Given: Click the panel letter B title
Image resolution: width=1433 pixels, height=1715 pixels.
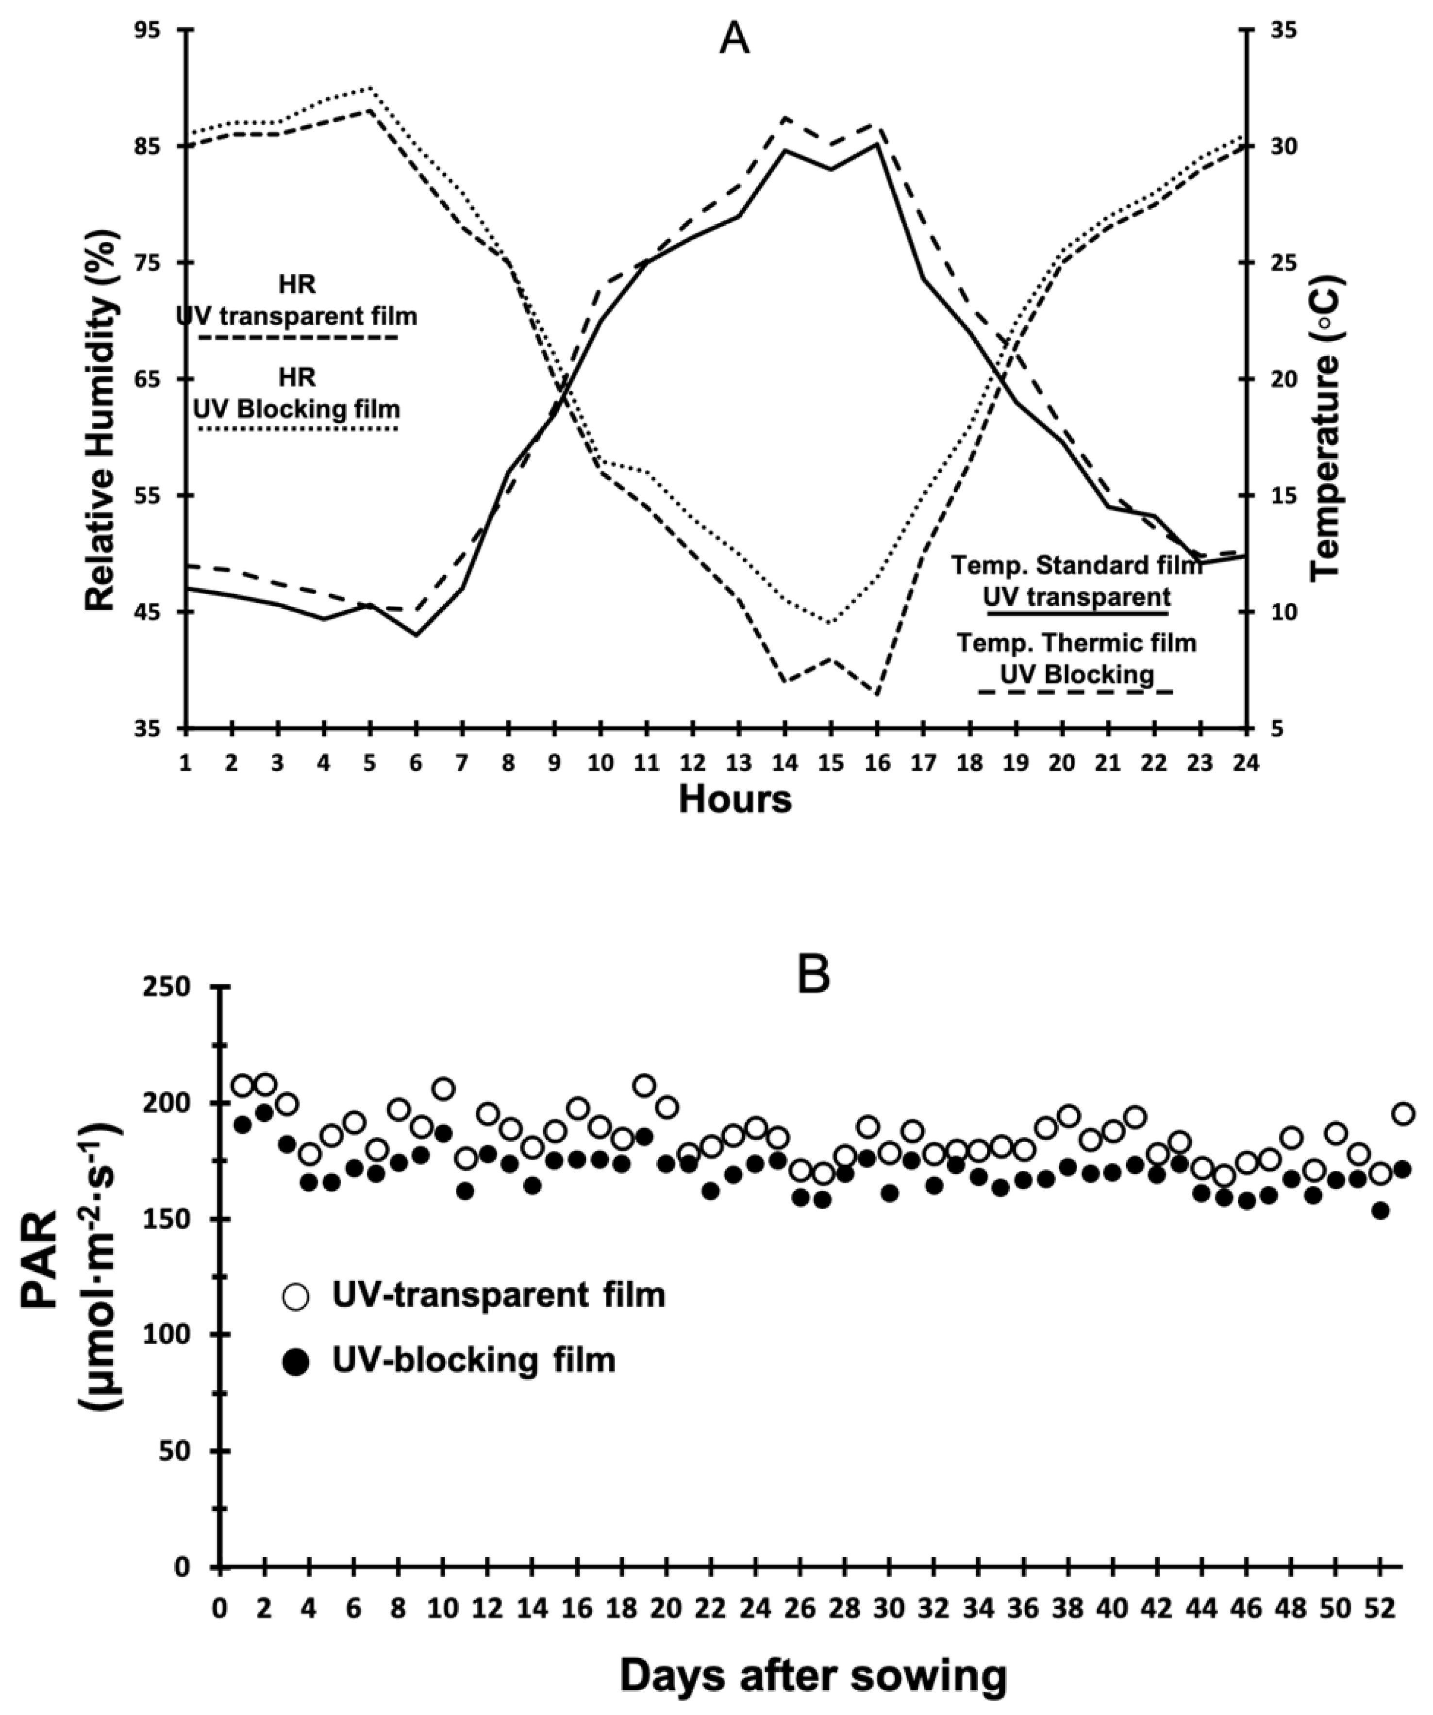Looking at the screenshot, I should pyautogui.click(x=814, y=976).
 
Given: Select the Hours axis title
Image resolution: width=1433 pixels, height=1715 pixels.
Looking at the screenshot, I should pyautogui.click(x=735, y=799).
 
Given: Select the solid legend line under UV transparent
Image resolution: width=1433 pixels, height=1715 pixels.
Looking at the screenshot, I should pyautogui.click(x=1078, y=613).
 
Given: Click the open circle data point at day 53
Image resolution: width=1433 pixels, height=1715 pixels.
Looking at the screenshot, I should pyautogui.click(x=1403, y=1114).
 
